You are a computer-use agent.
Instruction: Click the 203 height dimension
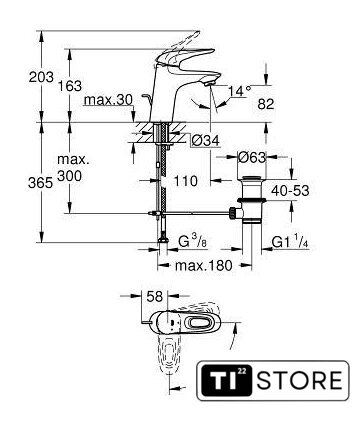pos(41,77)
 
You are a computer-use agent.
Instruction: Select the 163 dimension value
pos(70,86)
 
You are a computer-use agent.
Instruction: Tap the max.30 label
pos(108,99)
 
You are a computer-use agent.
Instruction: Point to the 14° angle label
pos(239,90)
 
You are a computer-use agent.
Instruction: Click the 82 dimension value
pos(266,104)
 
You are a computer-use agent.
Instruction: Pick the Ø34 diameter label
pos(206,141)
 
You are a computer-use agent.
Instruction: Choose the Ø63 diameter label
pos(252,157)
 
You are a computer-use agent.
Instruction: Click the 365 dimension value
pos(41,183)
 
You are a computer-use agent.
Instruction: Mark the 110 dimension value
pos(186,181)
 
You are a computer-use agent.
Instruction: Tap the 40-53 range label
pos(290,191)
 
